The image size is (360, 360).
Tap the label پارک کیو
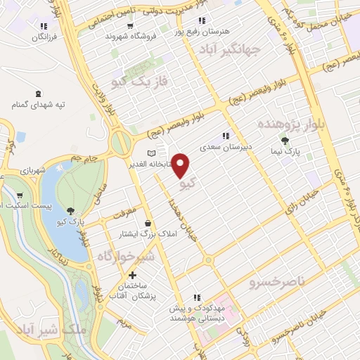point(71,222)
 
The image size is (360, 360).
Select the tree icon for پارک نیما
point(285,141)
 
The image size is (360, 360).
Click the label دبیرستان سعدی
point(225,148)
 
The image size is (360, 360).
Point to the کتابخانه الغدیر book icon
point(153,153)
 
